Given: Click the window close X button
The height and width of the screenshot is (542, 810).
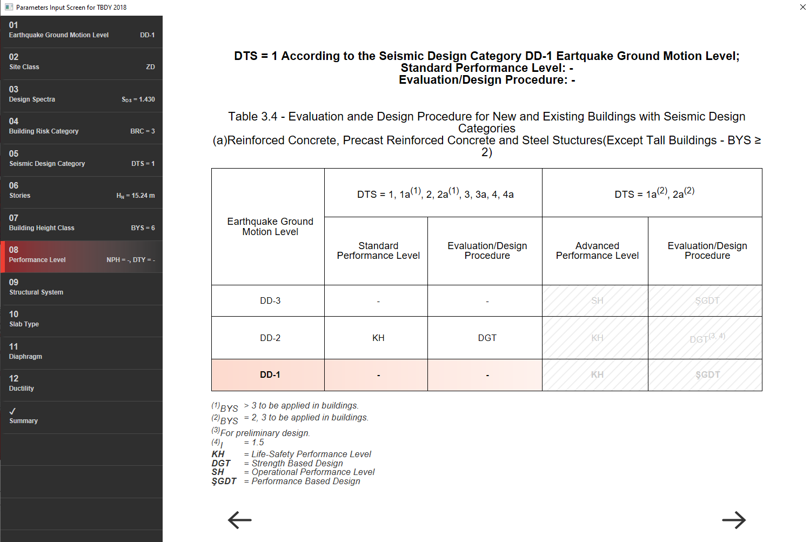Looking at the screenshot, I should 802,7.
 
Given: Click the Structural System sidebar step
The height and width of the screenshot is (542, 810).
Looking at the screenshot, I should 82,287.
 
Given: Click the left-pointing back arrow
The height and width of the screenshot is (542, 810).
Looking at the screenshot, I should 239,520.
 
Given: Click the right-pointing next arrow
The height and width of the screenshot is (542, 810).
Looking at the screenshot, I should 734,520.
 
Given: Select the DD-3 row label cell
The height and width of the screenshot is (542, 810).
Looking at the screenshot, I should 270,301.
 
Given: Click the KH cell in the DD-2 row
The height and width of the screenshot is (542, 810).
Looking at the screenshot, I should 378,338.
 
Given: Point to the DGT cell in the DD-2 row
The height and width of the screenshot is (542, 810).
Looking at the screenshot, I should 487,338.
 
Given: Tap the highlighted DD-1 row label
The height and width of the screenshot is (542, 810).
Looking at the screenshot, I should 270,374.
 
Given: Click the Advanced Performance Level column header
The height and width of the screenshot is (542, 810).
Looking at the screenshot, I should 597,251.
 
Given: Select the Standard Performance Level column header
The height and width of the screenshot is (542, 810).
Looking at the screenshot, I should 378,251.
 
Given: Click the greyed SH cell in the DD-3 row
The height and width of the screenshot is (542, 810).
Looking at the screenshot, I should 597,301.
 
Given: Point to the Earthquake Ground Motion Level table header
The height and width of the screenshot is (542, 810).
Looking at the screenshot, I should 270,226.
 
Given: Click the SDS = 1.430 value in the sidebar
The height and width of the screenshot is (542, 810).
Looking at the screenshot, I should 138,99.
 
